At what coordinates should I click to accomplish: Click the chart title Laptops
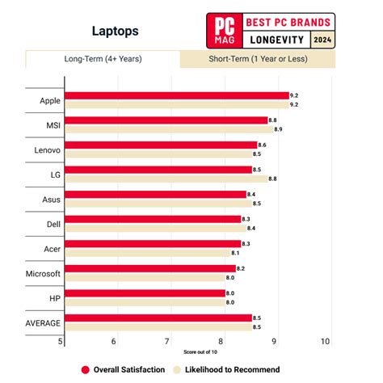click(x=116, y=32)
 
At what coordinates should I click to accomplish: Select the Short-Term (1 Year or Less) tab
click(x=258, y=59)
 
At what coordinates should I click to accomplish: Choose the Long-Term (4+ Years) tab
click(x=103, y=59)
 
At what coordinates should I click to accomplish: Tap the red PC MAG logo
click(x=225, y=31)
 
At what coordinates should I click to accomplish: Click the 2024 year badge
click(x=322, y=40)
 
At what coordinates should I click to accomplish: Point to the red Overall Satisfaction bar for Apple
click(x=177, y=95)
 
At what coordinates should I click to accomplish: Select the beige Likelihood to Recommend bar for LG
click(x=166, y=179)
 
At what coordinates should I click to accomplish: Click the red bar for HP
click(x=145, y=293)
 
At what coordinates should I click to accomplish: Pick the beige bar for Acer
click(x=148, y=253)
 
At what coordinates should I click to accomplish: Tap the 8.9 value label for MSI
click(x=278, y=129)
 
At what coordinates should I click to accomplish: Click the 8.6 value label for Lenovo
click(x=262, y=145)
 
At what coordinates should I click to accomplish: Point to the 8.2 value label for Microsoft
click(x=241, y=269)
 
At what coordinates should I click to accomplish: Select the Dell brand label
click(x=53, y=225)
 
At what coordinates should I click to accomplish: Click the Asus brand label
click(x=51, y=200)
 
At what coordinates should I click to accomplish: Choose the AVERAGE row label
click(x=43, y=323)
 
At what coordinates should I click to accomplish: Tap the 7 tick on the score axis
click(x=167, y=342)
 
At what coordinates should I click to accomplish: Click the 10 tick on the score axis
click(x=325, y=342)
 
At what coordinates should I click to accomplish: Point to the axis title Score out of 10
click(x=200, y=352)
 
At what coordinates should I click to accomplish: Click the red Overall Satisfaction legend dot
click(x=85, y=370)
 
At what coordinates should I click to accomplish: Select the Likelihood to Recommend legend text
click(x=232, y=370)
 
